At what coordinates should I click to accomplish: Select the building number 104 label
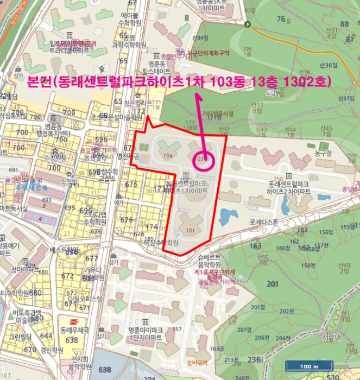click(167, 155)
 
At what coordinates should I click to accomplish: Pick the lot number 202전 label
click(287, 311)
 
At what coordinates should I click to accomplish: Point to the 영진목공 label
click(128, 155)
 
